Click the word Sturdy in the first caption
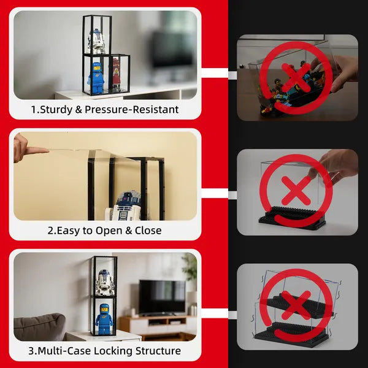click(56, 110)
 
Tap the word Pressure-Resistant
click(132, 109)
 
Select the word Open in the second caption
click(109, 231)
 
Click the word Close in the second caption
click(148, 230)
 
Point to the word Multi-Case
click(64, 351)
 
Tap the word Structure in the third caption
click(158, 351)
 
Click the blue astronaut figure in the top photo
click(96, 78)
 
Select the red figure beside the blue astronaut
click(117, 73)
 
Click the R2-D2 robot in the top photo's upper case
click(96, 41)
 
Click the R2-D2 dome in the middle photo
click(128, 199)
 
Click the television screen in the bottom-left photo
click(162, 297)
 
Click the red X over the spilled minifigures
click(296, 78)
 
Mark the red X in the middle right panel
click(296, 191)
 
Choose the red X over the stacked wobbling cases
click(296, 305)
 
